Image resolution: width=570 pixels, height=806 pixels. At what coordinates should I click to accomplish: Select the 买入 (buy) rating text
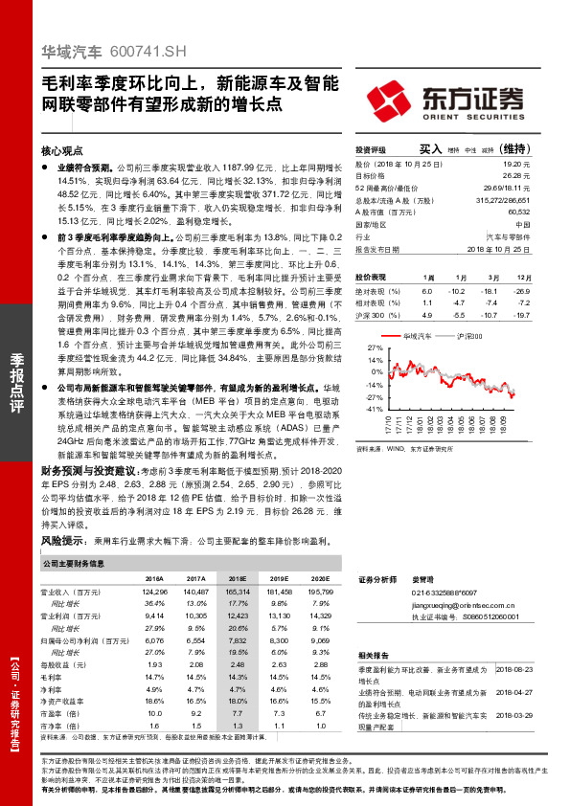coord(429,150)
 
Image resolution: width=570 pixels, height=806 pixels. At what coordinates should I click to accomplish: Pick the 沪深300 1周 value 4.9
coord(427,313)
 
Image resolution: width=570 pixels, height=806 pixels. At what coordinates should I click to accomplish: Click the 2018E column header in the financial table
coord(237,579)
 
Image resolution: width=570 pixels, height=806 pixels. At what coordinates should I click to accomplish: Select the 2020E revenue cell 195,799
coord(319,593)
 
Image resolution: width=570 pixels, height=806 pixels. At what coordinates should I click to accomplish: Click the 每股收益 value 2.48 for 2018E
coord(237,664)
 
